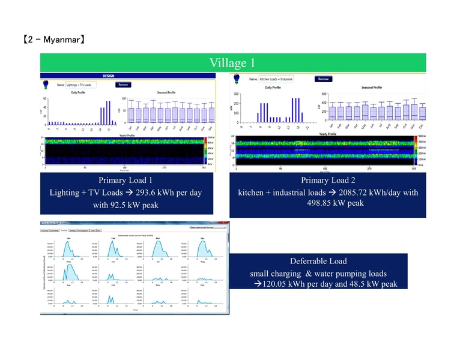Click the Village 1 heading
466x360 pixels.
[232, 63]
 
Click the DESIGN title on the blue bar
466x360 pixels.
[108, 76]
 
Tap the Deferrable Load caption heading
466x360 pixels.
[318, 261]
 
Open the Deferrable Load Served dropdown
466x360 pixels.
[207, 228]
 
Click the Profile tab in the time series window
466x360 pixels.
[64, 230]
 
